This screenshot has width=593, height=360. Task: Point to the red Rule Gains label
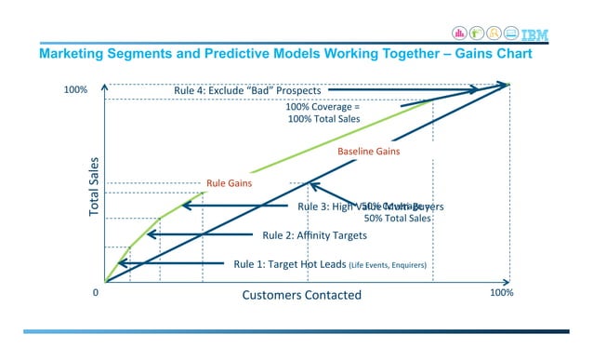coord(229,184)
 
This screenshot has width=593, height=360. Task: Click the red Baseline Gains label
coord(368,151)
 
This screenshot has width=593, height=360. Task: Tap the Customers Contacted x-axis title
coord(301,295)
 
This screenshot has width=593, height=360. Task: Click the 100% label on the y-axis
coord(75,90)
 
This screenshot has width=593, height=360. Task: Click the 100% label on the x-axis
coord(501,292)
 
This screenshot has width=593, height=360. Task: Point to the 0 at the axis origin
coord(95,292)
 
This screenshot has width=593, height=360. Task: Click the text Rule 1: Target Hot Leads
coord(289,264)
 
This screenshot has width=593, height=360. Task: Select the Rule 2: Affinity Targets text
coord(314,235)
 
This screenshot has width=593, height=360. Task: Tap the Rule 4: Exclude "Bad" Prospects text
coord(247,90)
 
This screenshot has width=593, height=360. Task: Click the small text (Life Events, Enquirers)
coord(388,265)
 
